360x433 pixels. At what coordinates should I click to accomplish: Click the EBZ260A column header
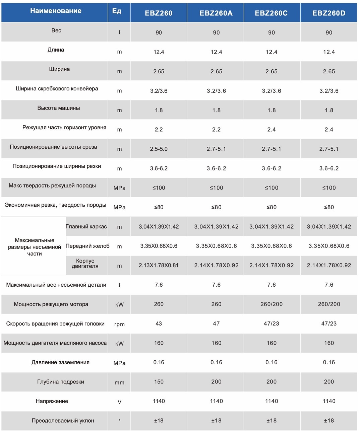(216, 13)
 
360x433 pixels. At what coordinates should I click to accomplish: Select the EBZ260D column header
(329, 13)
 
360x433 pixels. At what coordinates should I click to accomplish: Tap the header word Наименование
(56, 11)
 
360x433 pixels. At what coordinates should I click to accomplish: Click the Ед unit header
(117, 11)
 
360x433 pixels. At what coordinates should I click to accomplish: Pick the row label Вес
(56, 30)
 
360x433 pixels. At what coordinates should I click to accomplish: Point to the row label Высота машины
(59, 108)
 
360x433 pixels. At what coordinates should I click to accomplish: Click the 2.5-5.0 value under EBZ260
(159, 149)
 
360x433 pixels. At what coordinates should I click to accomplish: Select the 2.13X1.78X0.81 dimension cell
(159, 265)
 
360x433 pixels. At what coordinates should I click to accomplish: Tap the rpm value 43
(159, 323)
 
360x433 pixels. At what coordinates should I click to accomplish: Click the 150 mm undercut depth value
(159, 381)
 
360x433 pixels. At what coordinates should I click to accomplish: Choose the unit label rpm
(119, 324)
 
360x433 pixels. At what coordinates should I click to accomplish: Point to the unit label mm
(119, 383)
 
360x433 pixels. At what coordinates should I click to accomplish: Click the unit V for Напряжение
(119, 402)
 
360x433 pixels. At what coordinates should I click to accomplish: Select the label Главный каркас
(86, 226)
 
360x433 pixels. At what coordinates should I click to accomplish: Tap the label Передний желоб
(87, 246)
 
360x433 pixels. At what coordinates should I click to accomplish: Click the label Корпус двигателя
(85, 263)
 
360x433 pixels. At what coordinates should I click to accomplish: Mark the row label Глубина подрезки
(61, 382)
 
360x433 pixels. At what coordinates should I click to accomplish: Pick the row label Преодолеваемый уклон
(63, 421)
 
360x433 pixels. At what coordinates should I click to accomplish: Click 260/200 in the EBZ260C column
(272, 304)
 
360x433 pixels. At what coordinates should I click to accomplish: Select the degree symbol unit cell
(119, 420)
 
